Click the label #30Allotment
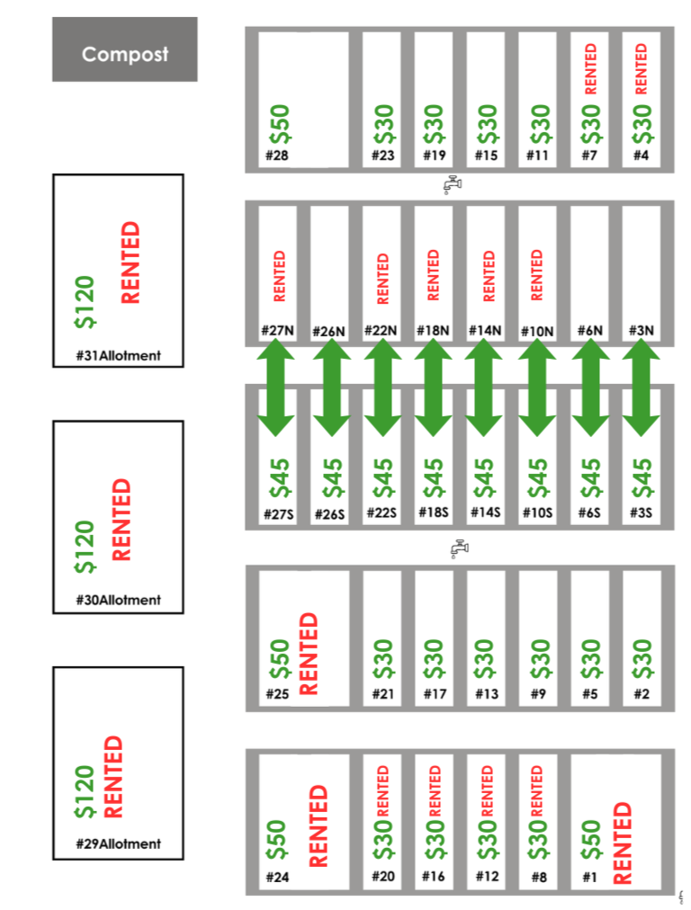point(119,600)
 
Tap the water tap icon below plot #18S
point(458,548)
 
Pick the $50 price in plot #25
point(280,659)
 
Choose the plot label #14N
point(485,331)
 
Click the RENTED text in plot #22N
point(383,278)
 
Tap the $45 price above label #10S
point(536,479)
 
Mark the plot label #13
point(486,694)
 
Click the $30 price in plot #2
point(642,659)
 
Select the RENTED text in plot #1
point(622,842)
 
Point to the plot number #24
point(276,878)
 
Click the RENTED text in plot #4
point(642,69)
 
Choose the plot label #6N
point(589,331)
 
